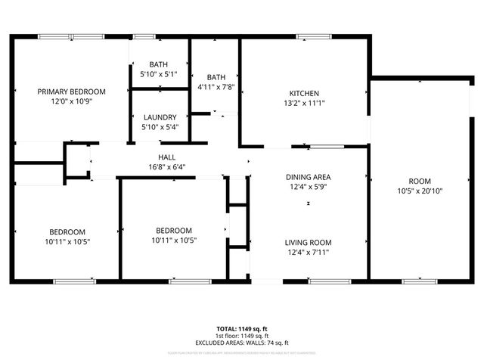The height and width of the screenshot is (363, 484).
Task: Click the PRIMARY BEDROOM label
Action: [72, 92]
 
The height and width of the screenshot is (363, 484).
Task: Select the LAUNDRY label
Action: [160, 117]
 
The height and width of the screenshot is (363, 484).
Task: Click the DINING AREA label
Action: [308, 177]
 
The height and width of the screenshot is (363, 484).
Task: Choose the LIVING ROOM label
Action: [308, 243]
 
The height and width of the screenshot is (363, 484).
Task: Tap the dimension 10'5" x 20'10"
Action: [420, 191]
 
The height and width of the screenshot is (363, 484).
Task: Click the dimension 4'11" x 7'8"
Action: [216, 87]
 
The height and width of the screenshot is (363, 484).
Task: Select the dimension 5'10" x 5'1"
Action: [159, 75]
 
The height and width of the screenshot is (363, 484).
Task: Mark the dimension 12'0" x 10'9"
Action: [72, 101]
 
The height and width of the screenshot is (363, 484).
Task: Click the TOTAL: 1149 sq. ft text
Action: [242, 329]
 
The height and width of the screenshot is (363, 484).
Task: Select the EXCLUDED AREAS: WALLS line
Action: [242, 343]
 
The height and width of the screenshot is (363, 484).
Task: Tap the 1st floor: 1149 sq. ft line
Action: [242, 336]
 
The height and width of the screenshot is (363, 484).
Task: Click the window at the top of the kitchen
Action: [309, 36]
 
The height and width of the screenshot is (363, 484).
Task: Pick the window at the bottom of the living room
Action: [330, 281]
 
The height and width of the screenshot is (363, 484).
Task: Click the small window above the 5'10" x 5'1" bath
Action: [144, 36]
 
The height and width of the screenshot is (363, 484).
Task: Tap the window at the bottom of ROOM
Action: [420, 281]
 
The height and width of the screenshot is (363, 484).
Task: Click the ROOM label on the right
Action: [420, 181]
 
